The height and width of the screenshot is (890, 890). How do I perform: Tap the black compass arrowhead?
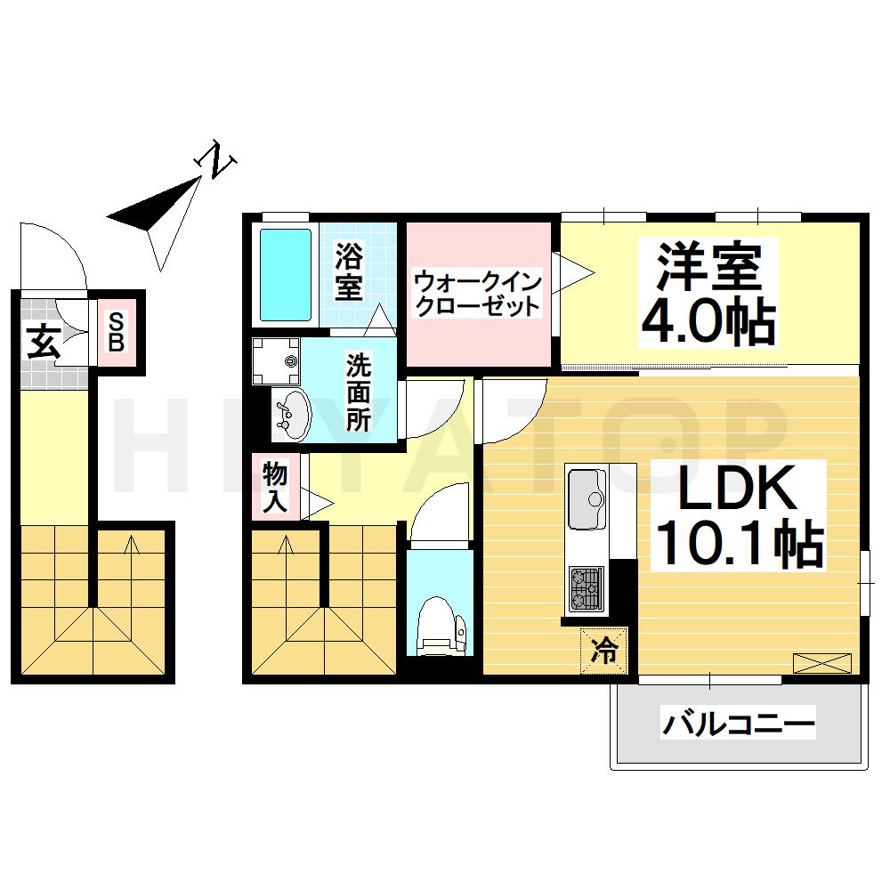pyautogui.click(x=151, y=208)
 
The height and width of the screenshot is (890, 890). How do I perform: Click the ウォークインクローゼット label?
pyautogui.click(x=478, y=295)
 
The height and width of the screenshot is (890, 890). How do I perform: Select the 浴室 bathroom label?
pyautogui.click(x=348, y=273)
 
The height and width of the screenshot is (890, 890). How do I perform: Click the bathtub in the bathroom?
pyautogui.click(x=286, y=274)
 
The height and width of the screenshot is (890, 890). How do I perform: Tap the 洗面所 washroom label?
pyautogui.click(x=358, y=392)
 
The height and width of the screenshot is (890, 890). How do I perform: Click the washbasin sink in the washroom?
pyautogui.click(x=291, y=416)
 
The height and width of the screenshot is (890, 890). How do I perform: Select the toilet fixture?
pyautogui.click(x=439, y=624)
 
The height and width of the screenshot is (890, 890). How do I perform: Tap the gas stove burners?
pyautogui.click(x=585, y=587)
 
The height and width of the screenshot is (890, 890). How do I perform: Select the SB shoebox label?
pyautogui.click(x=116, y=332)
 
